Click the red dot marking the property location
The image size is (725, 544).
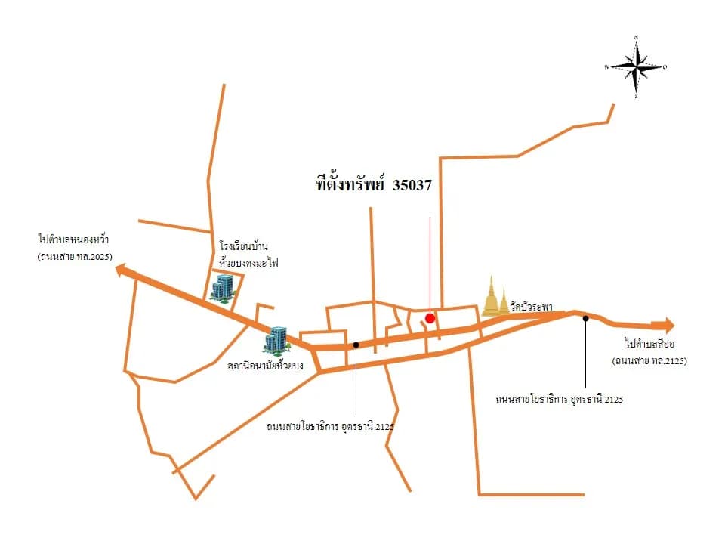(x=430, y=318)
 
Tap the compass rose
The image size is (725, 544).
(x=636, y=67)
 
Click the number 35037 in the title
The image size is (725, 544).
(x=412, y=185)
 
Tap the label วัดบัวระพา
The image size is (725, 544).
(x=531, y=307)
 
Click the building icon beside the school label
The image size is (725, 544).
(x=224, y=289)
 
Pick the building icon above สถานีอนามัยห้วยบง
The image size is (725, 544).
(x=276, y=342)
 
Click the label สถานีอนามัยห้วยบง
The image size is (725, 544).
(x=265, y=366)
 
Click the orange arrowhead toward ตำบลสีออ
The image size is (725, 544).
(x=668, y=325)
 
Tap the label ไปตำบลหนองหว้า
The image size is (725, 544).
(x=73, y=240)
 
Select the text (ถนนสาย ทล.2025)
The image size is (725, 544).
(x=75, y=256)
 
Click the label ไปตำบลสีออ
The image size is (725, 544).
(x=649, y=344)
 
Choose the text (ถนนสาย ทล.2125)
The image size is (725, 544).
(x=649, y=361)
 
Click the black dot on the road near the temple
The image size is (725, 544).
(x=585, y=318)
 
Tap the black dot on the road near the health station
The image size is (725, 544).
(x=356, y=345)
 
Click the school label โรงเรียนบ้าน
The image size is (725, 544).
(x=244, y=246)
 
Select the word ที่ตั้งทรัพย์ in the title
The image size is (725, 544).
(x=350, y=184)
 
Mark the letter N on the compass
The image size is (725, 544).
(x=636, y=37)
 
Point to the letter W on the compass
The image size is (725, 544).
(x=606, y=67)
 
